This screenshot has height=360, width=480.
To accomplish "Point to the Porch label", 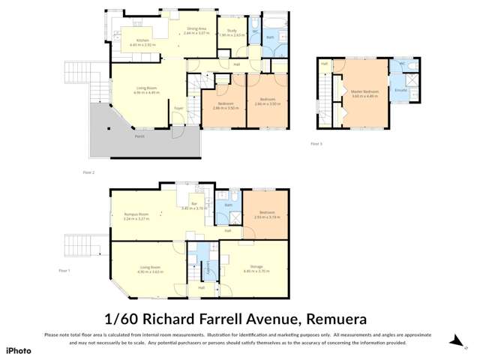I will pyautogui.click(x=139, y=136).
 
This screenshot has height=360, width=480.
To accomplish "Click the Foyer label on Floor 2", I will pyautogui.click(x=178, y=109).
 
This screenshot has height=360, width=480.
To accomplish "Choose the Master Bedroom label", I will pyautogui.click(x=364, y=91).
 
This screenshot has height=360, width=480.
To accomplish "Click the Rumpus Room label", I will pyautogui.click(x=136, y=214).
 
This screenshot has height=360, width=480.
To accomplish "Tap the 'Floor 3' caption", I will pyautogui.click(x=316, y=142).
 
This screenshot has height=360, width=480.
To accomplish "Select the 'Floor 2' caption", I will pyautogui.click(x=88, y=172).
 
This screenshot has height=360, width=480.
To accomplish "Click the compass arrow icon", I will pyautogui.click(x=454, y=341).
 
